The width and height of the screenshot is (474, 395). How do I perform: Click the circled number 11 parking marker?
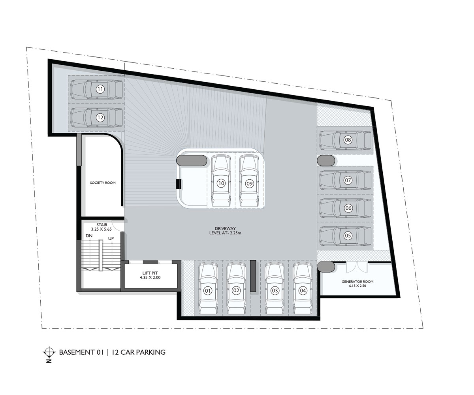coord(100,89)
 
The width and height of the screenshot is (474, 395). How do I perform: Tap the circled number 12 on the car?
coord(100,117)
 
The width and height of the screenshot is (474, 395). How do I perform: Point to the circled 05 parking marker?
coord(348,236)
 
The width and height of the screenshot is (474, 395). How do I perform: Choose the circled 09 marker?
coord(249,183)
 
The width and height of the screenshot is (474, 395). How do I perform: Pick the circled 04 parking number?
coord(303,291)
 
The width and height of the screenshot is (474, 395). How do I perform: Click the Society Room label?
coord(103,182)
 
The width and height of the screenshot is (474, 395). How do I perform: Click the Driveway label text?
coord(225,231)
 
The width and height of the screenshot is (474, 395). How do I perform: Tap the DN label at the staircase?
coord(89,236)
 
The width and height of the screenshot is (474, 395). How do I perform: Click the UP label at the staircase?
coord(112,239)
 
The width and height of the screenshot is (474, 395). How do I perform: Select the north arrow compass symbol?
coord(49,352)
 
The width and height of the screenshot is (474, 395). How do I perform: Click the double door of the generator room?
coord(357,267)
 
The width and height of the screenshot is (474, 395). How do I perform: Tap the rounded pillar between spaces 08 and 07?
coord(326,161)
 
